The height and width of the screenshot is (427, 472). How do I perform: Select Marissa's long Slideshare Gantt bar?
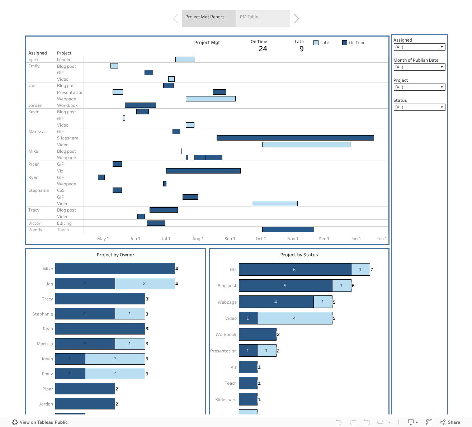pyautogui.click(x=295, y=138)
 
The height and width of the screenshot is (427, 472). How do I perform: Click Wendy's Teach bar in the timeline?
pyautogui.click(x=288, y=230)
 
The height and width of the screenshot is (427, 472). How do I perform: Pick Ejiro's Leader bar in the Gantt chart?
pyautogui.click(x=185, y=60)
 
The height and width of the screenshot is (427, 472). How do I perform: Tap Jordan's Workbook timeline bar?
pyautogui.click(x=140, y=105)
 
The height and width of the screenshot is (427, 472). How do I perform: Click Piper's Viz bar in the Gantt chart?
pyautogui.click(x=203, y=171)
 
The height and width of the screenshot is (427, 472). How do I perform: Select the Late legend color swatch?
pyautogui.click(x=316, y=43)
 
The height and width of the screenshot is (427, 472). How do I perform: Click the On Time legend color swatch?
pyautogui.click(x=345, y=43)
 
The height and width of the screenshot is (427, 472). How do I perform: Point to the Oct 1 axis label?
pyautogui.click(x=261, y=239)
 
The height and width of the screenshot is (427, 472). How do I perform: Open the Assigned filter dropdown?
pyautogui.click(x=419, y=47)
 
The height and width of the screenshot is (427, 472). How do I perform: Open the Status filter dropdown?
pyautogui.click(x=419, y=107)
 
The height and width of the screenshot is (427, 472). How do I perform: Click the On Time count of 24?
pyautogui.click(x=263, y=49)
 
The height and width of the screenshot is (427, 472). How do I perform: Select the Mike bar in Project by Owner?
pyautogui.click(x=115, y=269)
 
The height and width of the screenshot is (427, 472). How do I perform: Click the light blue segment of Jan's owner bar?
pyautogui.click(x=145, y=284)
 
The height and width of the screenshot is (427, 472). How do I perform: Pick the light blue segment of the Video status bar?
pyautogui.click(x=294, y=318)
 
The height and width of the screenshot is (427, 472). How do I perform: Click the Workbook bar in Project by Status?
pyautogui.click(x=258, y=335)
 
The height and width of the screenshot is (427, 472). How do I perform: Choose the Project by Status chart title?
pyautogui.click(x=299, y=255)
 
